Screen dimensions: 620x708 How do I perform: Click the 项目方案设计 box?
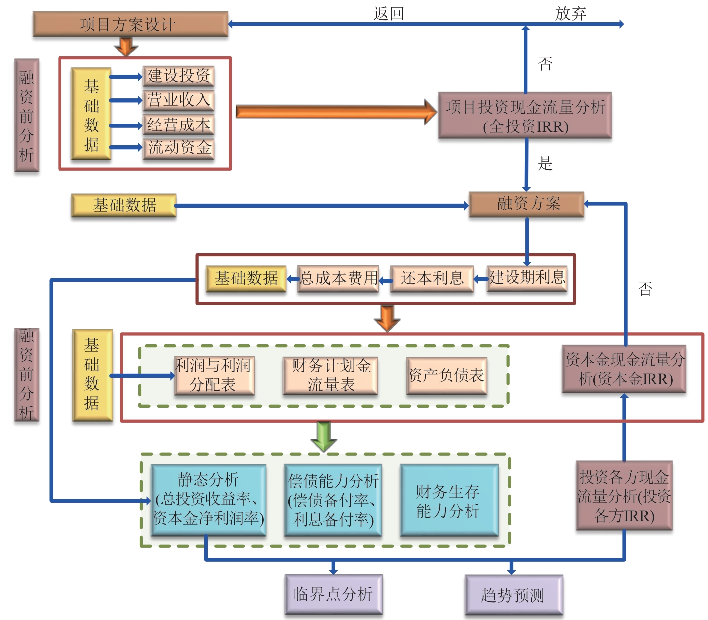pyautogui.click(x=130, y=24)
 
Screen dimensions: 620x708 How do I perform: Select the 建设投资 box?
pyautogui.click(x=178, y=76)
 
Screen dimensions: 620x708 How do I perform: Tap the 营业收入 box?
pyautogui.click(x=178, y=100)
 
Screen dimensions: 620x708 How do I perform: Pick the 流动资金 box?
pyautogui.click(x=178, y=148)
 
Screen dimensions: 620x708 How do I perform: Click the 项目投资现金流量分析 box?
pyautogui.click(x=525, y=116)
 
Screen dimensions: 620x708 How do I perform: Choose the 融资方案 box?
pyautogui.click(x=526, y=204)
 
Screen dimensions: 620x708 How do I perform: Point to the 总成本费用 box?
pyautogui.click(x=338, y=278)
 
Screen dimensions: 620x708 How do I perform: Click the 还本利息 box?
pyautogui.click(x=432, y=278)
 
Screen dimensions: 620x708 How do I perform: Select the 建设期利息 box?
pyautogui.click(x=527, y=277)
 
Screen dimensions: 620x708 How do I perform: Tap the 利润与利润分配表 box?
pyautogui.click(x=214, y=375)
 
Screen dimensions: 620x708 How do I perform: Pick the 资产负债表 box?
pyautogui.click(x=446, y=375)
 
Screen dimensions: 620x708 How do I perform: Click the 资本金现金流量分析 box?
pyautogui.click(x=624, y=369)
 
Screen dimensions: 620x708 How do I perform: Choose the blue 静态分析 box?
pyautogui.click(x=208, y=499)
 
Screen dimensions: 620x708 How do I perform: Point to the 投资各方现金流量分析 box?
pyautogui.click(x=624, y=496)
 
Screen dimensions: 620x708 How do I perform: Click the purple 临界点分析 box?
pyautogui.click(x=333, y=594)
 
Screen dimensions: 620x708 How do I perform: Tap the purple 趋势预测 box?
pyautogui.click(x=513, y=595)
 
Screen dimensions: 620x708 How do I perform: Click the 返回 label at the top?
pyautogui.click(x=389, y=13)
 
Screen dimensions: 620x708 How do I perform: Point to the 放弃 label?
pyautogui.click(x=571, y=13)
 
